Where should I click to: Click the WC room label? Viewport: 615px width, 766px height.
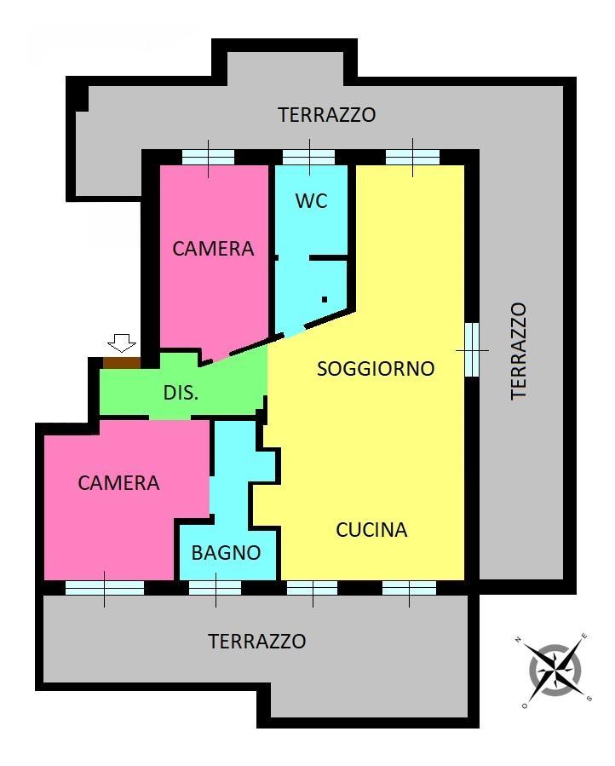click(x=311, y=201)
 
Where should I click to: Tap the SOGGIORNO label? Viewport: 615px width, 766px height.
click(x=376, y=368)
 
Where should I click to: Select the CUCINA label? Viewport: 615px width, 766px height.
click(x=371, y=530)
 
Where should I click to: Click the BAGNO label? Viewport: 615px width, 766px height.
click(x=226, y=552)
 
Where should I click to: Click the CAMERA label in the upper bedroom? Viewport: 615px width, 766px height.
click(x=213, y=249)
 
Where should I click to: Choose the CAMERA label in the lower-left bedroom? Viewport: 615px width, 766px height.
click(x=118, y=482)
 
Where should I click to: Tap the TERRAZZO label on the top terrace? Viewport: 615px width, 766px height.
click(x=327, y=115)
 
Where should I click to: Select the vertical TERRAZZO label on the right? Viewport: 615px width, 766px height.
click(x=519, y=351)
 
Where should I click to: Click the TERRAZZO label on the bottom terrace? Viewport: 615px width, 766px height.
click(x=257, y=641)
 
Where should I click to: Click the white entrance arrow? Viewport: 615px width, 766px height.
click(x=122, y=343)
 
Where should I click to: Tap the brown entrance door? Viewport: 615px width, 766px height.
click(x=122, y=363)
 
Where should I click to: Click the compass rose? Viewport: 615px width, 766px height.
click(x=555, y=671)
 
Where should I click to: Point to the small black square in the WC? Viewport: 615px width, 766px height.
click(x=325, y=299)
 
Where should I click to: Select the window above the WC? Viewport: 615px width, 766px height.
click(x=308, y=158)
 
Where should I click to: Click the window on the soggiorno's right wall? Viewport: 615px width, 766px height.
click(x=472, y=350)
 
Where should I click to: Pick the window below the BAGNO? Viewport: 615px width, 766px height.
click(x=216, y=588)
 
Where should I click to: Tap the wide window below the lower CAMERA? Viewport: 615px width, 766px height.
click(x=105, y=588)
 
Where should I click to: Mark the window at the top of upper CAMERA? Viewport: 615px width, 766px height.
click(x=208, y=158)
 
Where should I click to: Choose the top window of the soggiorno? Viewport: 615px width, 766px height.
click(x=413, y=158)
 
